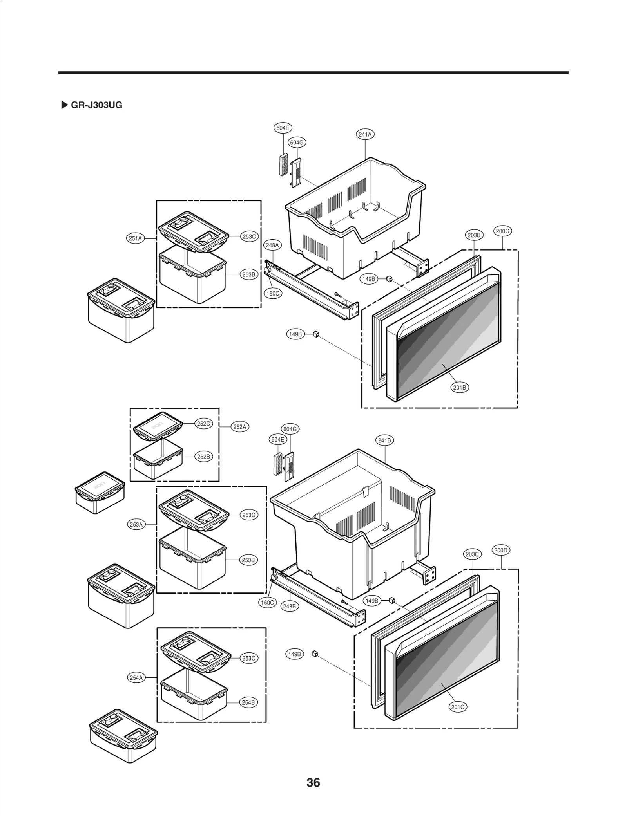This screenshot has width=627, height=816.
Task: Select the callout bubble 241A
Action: pos(365,134)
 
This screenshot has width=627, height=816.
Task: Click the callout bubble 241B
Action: pos(384,440)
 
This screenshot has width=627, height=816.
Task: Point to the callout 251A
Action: pos(135,238)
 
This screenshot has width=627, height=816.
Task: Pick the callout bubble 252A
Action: pos(239,427)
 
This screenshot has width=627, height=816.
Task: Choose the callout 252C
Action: pos(203,424)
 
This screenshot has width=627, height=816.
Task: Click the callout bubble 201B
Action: pos(459,387)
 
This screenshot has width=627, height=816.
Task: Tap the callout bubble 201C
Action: pos(457,707)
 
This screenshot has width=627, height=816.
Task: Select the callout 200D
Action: pos(500,550)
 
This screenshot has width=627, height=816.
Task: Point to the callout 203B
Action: pos(474,235)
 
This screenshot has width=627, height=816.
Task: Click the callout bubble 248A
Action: pos(272,245)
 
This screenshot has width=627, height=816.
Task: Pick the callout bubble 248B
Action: pos(289,606)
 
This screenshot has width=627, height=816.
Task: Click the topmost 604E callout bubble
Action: pos(282,128)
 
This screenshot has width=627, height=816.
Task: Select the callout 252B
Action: pos(203,457)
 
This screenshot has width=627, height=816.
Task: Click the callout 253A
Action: pos(136,524)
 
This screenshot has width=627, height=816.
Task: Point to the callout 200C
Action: pos(502,231)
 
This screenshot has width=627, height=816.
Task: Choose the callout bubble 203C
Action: pos(472,554)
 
